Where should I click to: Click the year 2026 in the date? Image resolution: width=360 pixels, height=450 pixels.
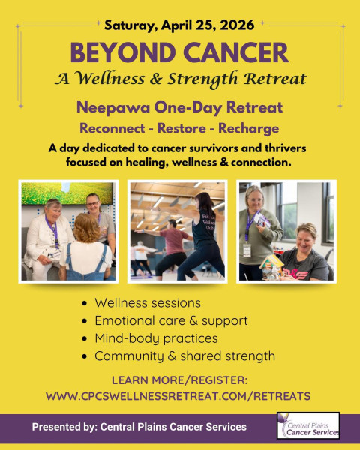point(237,25)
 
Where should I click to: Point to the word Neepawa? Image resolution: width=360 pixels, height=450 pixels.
point(113,107)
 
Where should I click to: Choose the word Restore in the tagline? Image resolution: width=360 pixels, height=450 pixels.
point(181,128)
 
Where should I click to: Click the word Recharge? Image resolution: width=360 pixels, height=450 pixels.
point(248,129)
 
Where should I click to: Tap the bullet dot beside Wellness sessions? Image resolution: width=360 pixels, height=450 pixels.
point(84,303)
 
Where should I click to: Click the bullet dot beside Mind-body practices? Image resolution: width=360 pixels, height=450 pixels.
point(84,339)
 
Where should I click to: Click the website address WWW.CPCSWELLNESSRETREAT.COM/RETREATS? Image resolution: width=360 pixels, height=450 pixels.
point(178,396)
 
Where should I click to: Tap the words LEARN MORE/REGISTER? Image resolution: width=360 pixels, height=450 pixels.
point(179,380)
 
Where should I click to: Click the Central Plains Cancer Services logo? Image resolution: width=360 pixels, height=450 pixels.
point(308,425)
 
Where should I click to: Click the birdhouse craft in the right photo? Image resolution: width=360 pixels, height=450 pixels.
point(271,266)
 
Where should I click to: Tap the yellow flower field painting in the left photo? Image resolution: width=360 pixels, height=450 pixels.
point(67,193)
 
